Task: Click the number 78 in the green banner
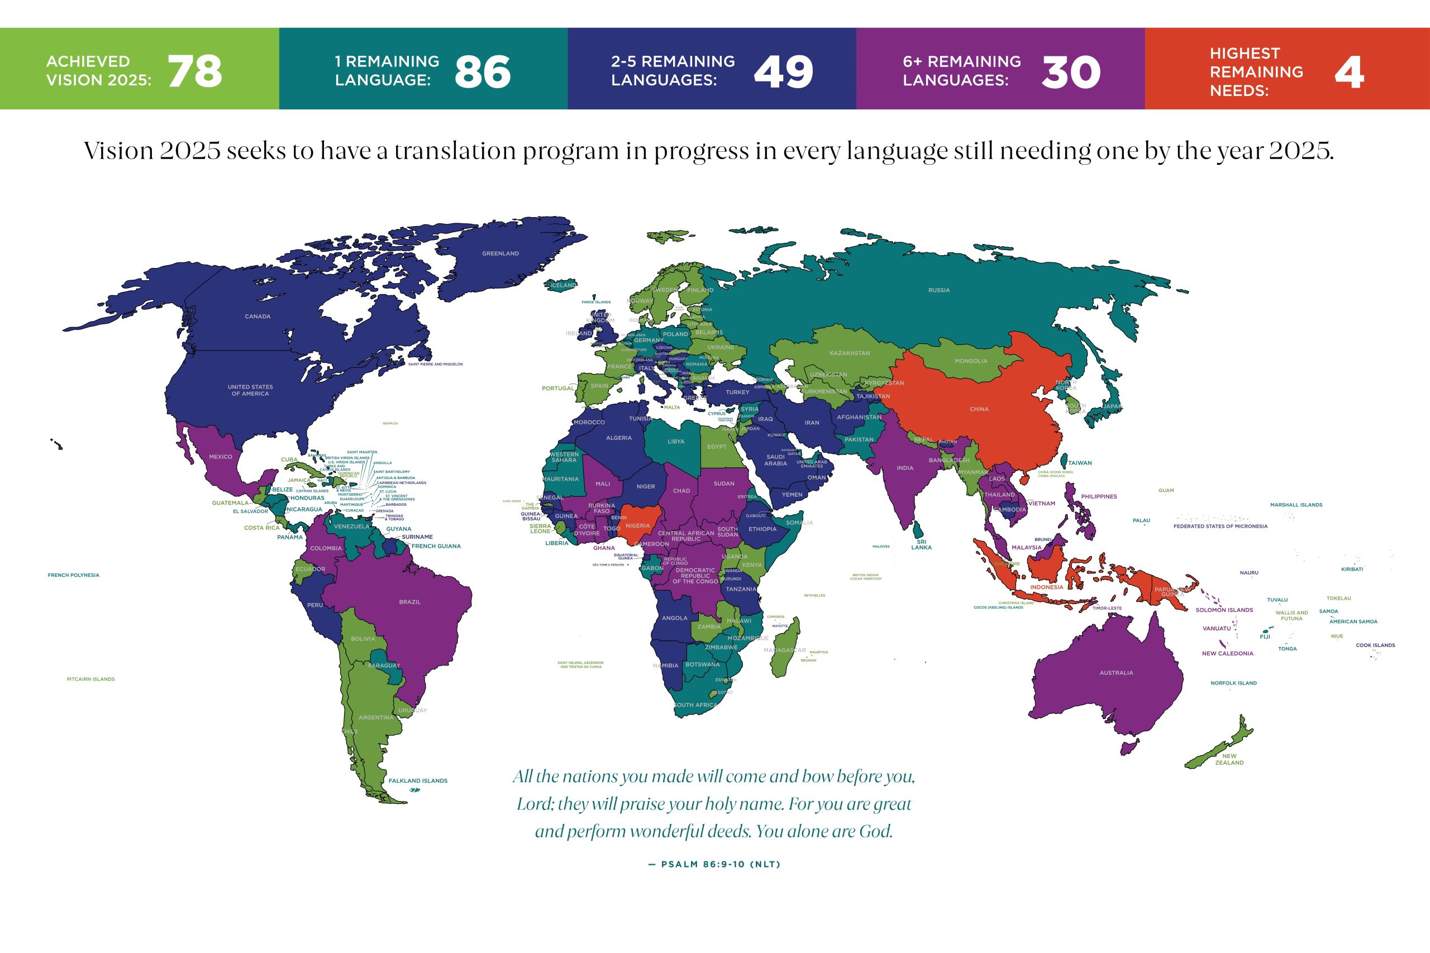194,71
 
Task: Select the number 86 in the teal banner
482,71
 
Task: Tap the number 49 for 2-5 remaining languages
783,71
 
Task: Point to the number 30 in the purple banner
1071,71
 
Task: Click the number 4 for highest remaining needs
1348,71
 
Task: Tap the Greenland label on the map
500,253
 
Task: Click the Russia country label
939,290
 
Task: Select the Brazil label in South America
410,602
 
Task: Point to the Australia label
1116,673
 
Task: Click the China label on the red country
979,409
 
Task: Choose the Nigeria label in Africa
637,526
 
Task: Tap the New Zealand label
1229,759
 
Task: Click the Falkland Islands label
418,780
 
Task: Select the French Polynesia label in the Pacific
74,575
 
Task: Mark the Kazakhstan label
850,353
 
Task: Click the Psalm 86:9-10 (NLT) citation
714,864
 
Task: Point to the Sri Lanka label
921,544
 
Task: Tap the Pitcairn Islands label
90,679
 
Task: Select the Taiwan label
1080,463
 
